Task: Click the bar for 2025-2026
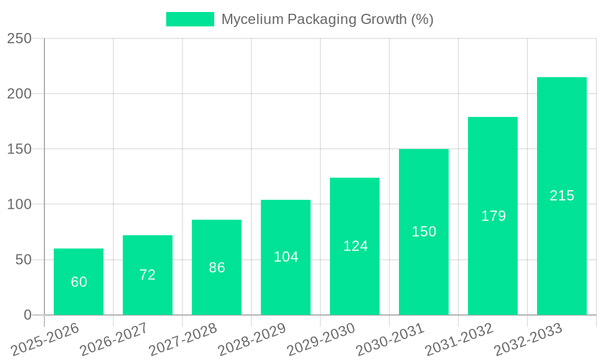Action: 79,281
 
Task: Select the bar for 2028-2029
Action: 286,257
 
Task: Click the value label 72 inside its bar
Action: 148,275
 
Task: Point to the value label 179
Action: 493,216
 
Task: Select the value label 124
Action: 355,246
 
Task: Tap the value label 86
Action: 217,268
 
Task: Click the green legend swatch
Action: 190,19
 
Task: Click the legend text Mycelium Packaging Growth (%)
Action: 327,19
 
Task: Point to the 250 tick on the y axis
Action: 19,38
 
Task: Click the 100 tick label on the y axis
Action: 19,205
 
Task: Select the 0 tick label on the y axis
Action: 28,315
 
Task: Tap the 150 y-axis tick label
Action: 19,149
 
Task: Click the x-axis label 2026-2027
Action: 114,339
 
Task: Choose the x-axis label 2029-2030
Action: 321,339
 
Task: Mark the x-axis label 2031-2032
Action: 459,339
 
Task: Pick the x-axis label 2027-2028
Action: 183,339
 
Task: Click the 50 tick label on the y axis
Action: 23,260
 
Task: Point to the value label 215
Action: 562,196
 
